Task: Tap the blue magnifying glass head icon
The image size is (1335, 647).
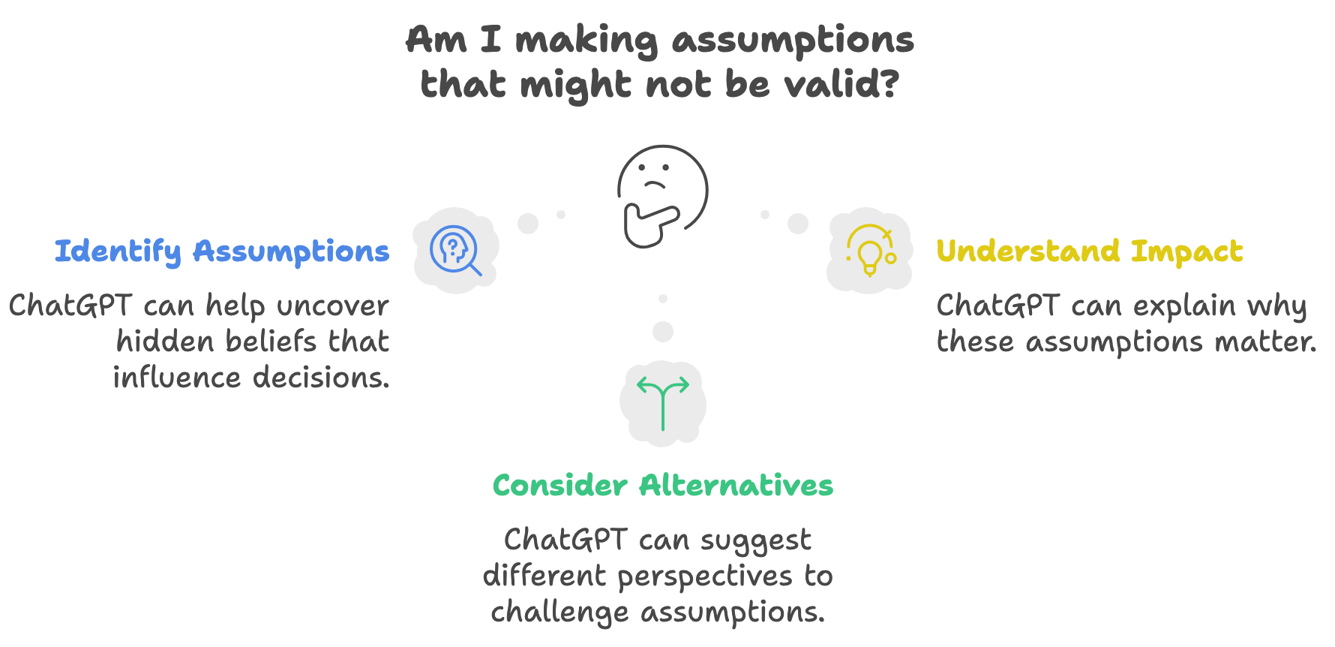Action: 455,250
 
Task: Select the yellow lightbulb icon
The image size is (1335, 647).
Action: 871,250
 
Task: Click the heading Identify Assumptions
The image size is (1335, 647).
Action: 222,252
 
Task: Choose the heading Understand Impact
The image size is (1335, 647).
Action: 1090,251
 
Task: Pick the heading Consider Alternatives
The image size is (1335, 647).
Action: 663,485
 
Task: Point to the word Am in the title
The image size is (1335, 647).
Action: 436,40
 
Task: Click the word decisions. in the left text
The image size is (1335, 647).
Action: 321,377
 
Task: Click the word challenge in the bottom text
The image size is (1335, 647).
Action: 559,612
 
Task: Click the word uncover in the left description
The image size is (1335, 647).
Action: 332,306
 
